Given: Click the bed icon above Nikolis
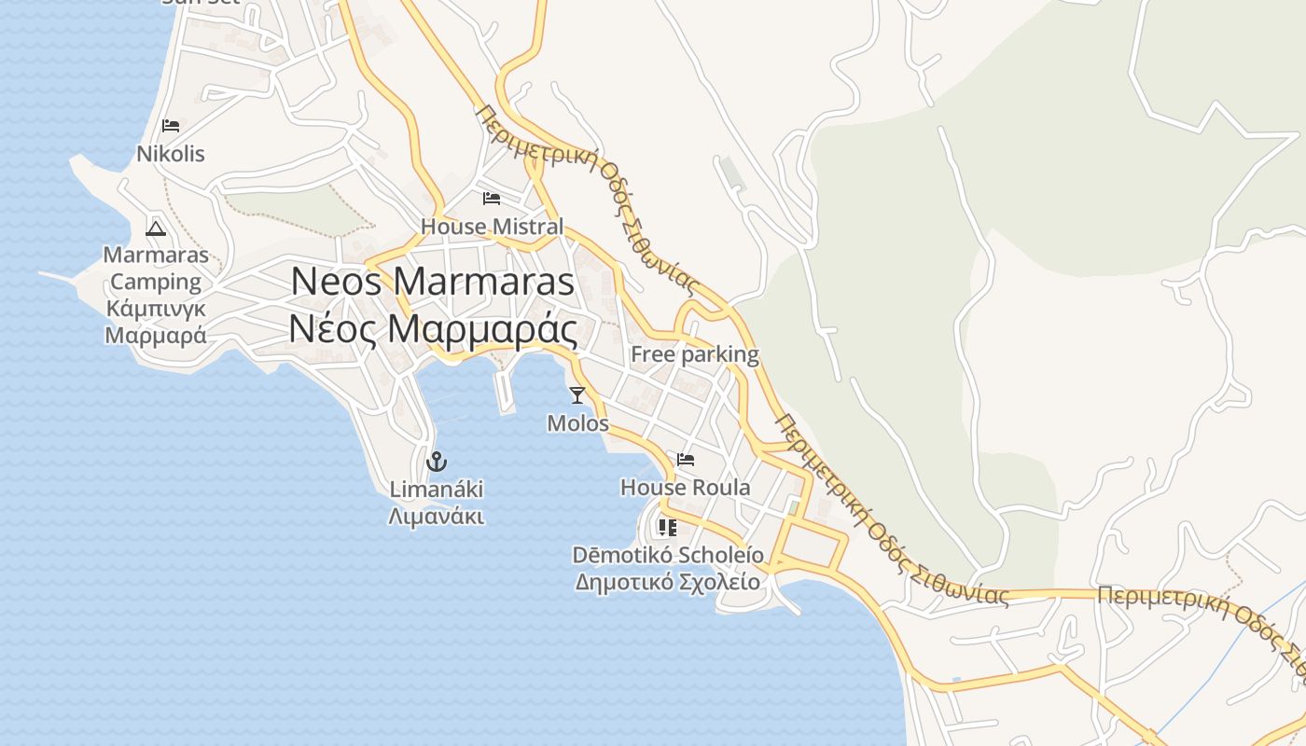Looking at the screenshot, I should [x=170, y=125].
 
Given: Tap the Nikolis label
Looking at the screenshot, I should [x=171, y=154].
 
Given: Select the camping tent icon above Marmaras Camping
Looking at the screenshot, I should [x=156, y=228].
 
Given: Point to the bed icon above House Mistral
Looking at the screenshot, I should [x=492, y=199].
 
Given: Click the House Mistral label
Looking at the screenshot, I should [x=492, y=227].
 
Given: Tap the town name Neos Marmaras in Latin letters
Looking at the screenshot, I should [x=433, y=282].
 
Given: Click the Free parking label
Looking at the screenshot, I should [x=695, y=354].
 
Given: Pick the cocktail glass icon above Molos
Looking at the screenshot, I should [x=577, y=395].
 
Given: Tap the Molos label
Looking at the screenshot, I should [x=577, y=423].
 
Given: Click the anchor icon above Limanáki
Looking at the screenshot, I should [x=436, y=462].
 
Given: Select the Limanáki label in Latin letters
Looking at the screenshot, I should [x=437, y=490].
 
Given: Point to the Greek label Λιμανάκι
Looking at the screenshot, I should [x=437, y=516].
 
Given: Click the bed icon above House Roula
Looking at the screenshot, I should [x=686, y=460].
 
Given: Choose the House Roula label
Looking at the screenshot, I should [x=686, y=488].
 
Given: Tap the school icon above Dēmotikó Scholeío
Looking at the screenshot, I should [x=667, y=528].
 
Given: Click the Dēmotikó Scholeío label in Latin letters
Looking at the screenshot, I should [x=668, y=556].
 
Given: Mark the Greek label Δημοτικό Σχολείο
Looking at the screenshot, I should [x=668, y=582].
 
